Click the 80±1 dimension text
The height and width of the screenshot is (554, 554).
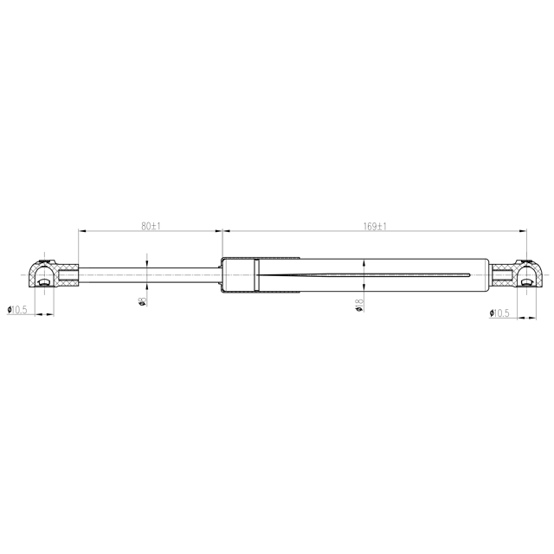151,226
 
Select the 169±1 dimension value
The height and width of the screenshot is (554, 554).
374,226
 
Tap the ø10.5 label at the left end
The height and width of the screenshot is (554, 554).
18,310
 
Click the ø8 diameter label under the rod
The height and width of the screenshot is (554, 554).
141,301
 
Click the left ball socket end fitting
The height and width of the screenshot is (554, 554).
43,275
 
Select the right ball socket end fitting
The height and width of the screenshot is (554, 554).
523,275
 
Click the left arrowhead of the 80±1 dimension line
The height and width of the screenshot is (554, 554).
82,231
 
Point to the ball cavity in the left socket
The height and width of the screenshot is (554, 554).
40,279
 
